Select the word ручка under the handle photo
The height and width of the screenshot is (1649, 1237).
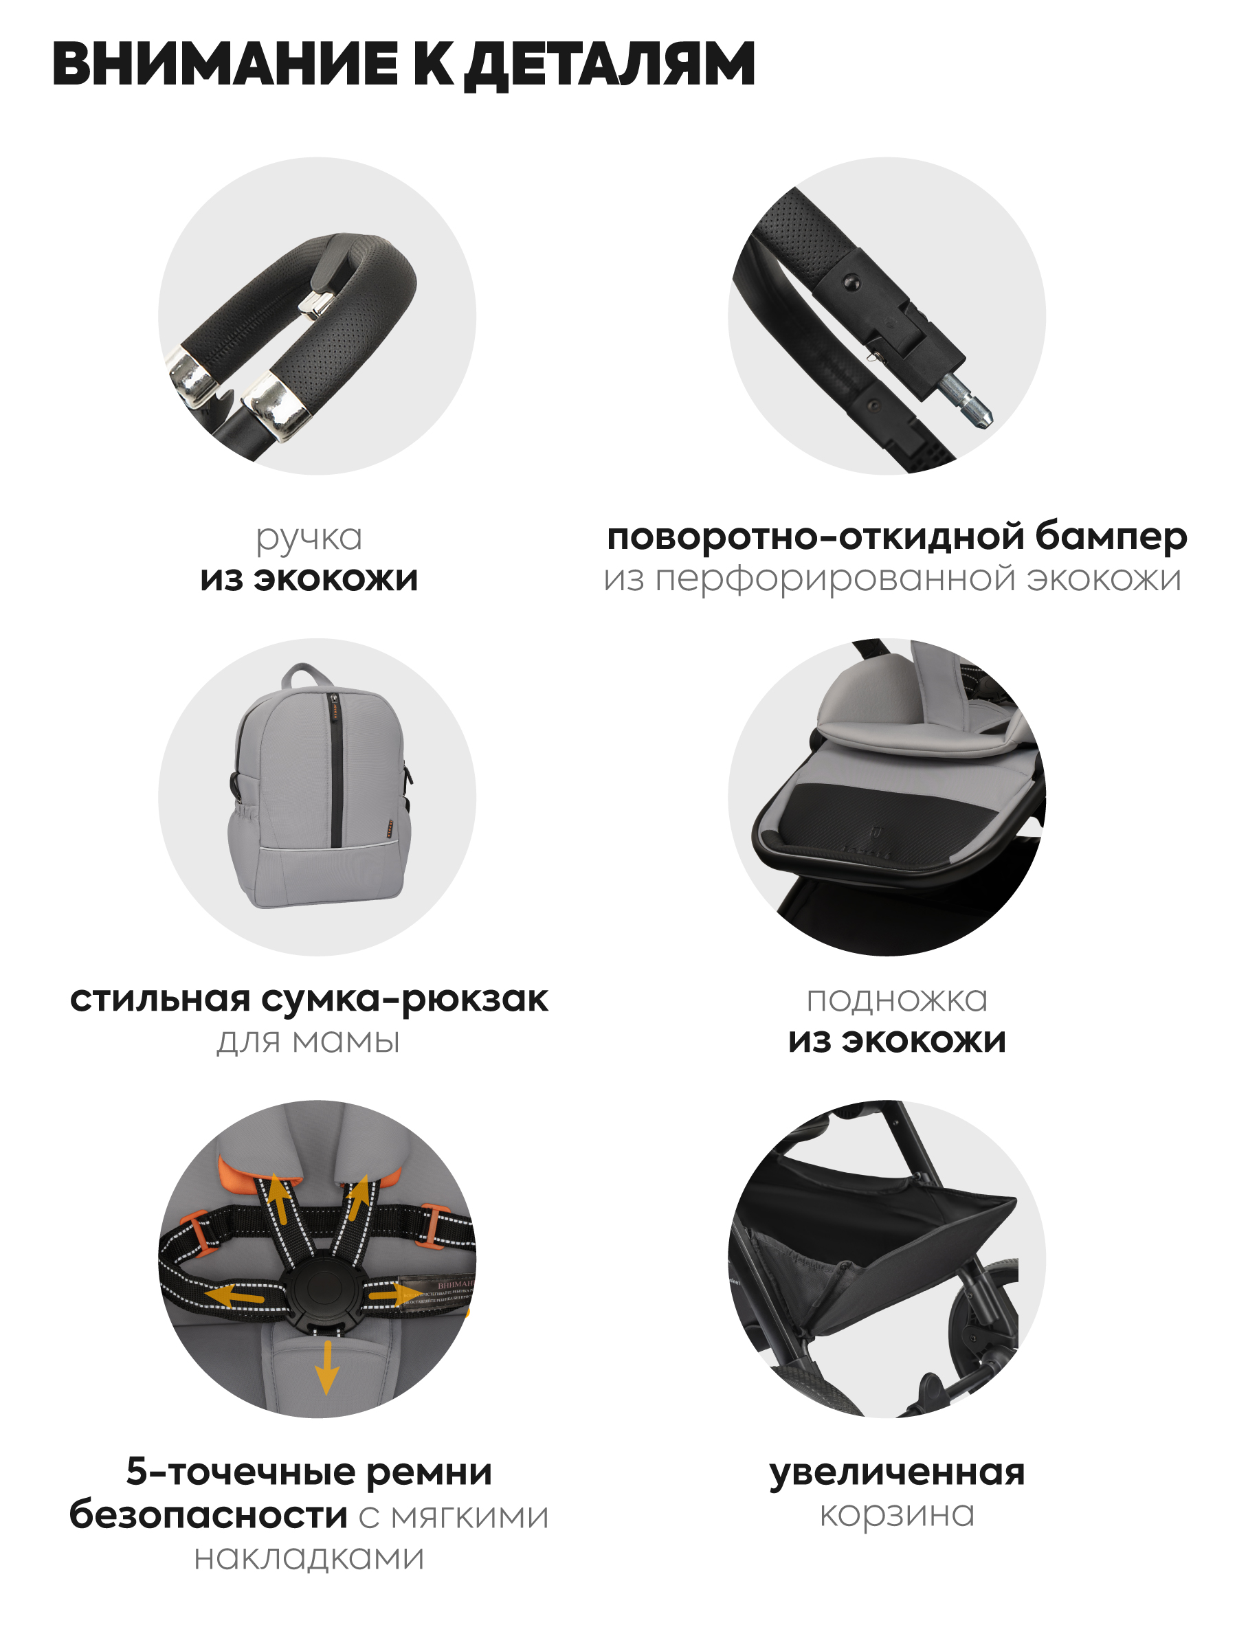coord(309,538)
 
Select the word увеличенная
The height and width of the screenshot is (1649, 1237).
coord(897,1472)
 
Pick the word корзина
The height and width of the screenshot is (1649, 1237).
coord(897,1514)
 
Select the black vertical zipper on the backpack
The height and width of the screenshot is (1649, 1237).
coord(335,770)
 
